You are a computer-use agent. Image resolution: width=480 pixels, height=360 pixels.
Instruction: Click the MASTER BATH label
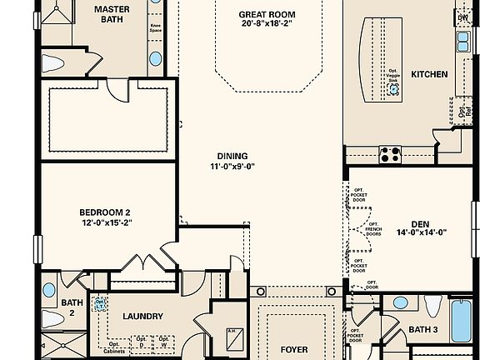point(111,15)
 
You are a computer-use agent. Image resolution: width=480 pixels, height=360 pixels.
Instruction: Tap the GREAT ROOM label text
point(266,14)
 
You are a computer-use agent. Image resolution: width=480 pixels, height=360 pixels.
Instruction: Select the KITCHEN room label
point(429,74)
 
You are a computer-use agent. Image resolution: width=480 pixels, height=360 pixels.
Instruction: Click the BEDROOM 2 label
point(105,212)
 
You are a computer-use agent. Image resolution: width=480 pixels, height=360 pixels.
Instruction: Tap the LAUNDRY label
point(142,316)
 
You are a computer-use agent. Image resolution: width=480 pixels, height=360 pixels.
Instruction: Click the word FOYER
point(292,350)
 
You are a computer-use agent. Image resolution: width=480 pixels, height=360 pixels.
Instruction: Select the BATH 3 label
point(423,330)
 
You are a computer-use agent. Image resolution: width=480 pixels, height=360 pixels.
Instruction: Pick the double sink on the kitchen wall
point(462,38)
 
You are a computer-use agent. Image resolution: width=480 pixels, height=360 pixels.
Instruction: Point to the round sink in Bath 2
point(49,290)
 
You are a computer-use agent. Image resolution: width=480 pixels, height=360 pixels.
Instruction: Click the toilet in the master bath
point(53,62)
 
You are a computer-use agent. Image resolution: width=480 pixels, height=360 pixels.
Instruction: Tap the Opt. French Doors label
point(374,230)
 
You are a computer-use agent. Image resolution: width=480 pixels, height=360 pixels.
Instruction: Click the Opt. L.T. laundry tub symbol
point(100,305)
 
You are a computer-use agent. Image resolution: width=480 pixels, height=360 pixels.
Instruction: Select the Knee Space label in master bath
point(156,27)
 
